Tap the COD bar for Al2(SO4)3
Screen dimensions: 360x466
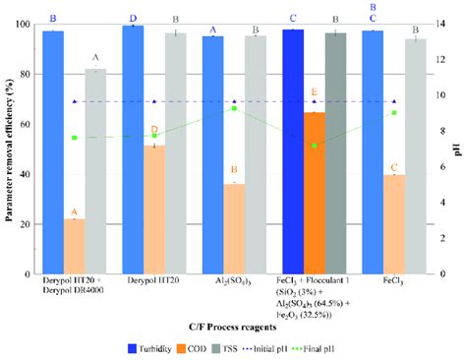click(x=233, y=229)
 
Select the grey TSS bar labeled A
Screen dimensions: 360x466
click(x=95, y=172)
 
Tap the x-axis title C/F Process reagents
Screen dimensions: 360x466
click(x=233, y=324)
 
